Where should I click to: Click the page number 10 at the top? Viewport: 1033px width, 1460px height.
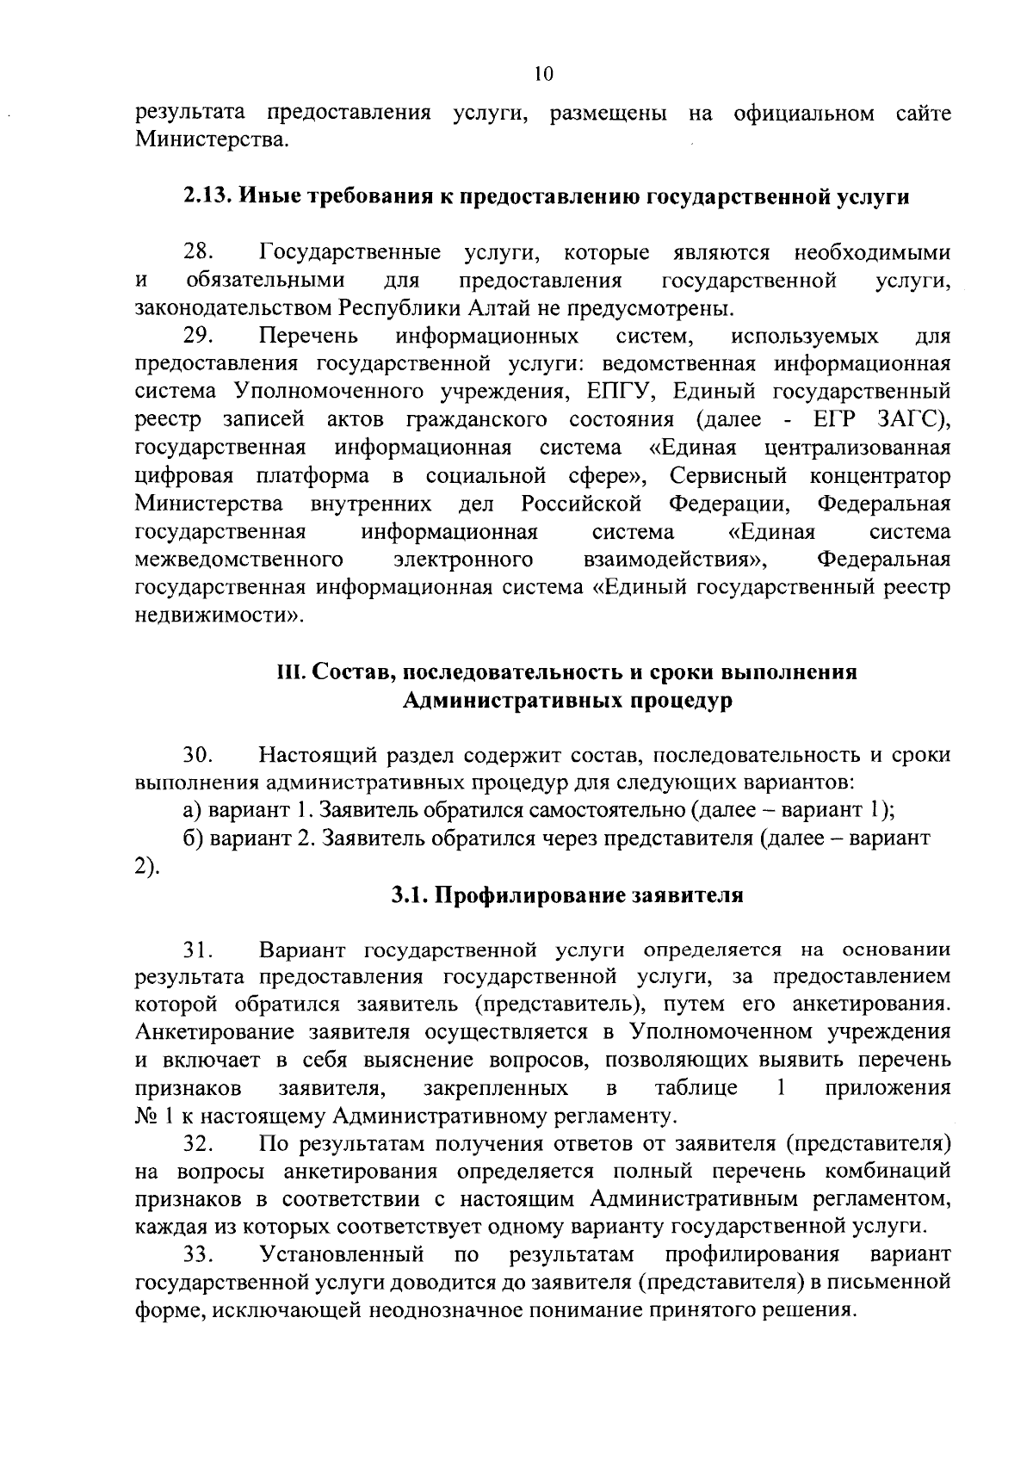point(542,75)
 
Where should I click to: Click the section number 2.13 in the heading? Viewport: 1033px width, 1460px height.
point(207,196)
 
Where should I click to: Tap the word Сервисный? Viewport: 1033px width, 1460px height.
point(728,476)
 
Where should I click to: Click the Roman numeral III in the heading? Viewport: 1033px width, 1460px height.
point(286,672)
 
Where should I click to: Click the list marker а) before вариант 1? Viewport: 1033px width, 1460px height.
point(192,812)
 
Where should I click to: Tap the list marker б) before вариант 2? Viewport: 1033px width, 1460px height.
point(192,839)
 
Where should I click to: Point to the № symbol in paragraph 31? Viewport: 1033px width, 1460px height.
point(145,1117)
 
